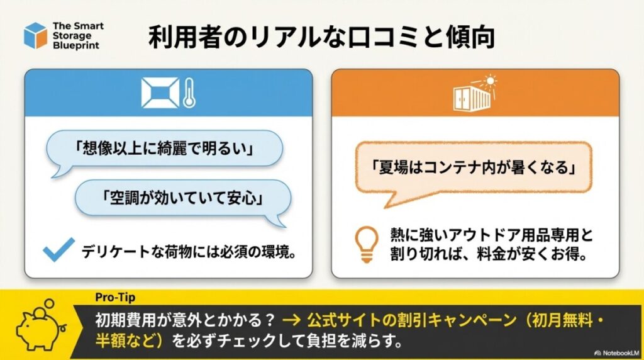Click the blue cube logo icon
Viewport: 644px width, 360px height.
[x=35, y=35]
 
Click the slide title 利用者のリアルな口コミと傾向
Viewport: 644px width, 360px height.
[x=321, y=37]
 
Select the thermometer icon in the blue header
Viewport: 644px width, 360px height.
[x=189, y=93]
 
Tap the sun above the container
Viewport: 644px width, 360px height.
[x=489, y=81]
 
